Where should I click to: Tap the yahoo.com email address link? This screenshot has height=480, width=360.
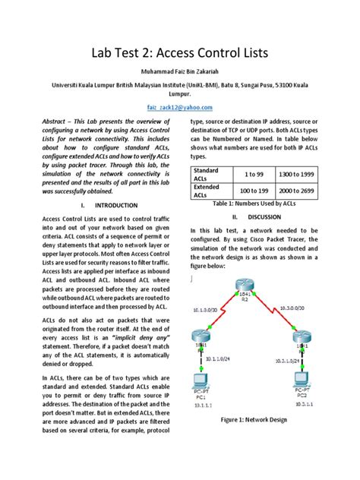coord(179,108)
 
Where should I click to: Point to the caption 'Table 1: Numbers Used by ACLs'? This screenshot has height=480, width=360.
coord(256,204)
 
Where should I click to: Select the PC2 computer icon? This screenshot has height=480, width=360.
coord(301,377)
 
